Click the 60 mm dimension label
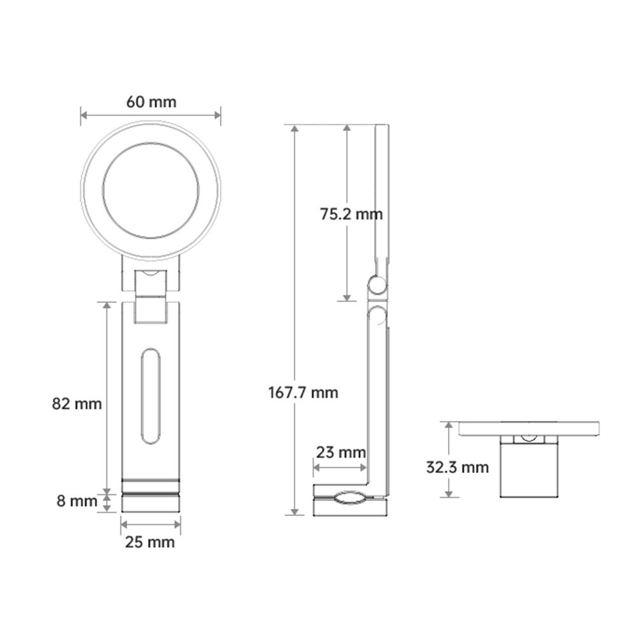pos(151,102)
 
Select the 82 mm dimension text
pos(76,403)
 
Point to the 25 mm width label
pos(151,542)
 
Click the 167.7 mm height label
pos(303,392)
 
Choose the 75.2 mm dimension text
pos(351,214)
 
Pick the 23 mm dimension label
pos(340,452)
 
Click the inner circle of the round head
pos(151,191)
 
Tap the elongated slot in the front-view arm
pos(151,395)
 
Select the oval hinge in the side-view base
pos(349,498)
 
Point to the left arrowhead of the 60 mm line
pos(83,115)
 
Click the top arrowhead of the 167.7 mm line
pos(294,128)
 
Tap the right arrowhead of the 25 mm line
pos(178,524)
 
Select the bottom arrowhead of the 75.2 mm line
pos(346,297)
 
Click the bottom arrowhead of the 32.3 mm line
pos(449,494)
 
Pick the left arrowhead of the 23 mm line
pos(316,468)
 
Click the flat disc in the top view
pos(528,428)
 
